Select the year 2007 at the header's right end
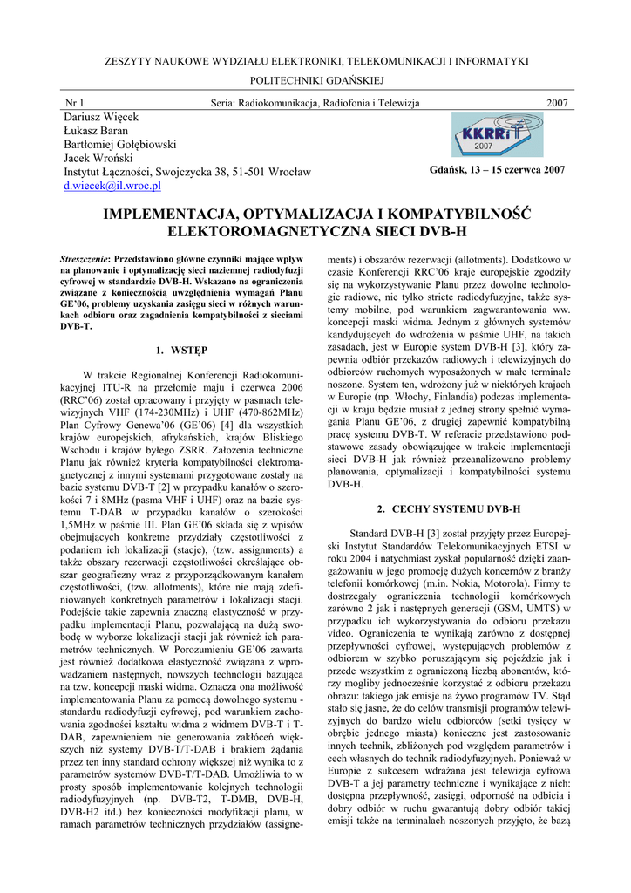tap(557, 103)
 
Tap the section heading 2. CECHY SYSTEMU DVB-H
tap(448, 508)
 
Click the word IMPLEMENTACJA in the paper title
tap(173, 215)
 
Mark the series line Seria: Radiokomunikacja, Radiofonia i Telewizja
tap(315, 103)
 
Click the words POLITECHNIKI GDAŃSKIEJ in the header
tap(316, 79)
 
